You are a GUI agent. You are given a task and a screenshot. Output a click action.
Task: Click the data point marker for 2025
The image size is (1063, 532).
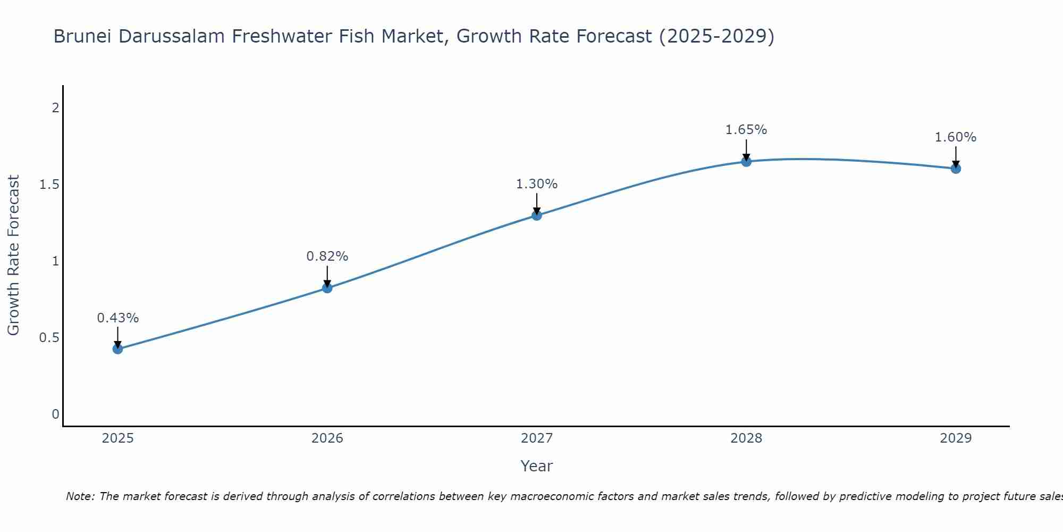tap(117, 349)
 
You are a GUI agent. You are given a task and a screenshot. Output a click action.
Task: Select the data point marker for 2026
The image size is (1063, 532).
tap(327, 288)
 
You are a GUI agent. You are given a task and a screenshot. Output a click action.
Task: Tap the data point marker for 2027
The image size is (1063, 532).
tap(537, 215)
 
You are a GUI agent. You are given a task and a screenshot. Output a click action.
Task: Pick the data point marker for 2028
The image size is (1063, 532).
tap(746, 161)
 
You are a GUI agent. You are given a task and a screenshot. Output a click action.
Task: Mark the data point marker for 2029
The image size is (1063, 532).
tap(956, 169)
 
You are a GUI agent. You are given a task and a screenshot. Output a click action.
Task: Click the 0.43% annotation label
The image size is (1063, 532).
tap(117, 318)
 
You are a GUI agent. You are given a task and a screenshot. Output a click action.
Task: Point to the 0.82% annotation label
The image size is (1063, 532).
tap(327, 256)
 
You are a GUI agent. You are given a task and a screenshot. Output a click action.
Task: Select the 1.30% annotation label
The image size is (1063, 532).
tap(537, 184)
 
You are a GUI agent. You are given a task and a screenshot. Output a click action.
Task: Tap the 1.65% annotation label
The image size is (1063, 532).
tap(746, 130)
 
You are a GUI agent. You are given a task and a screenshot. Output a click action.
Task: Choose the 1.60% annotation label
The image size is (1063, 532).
tap(956, 137)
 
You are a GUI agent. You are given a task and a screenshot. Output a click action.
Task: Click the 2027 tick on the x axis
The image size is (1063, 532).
tap(537, 438)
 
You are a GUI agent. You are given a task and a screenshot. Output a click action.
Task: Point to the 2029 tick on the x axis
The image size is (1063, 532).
tap(956, 438)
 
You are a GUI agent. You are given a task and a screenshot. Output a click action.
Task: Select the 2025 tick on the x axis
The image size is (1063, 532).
tap(117, 438)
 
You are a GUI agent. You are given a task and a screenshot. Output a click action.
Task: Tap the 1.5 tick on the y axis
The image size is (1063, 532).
tap(49, 185)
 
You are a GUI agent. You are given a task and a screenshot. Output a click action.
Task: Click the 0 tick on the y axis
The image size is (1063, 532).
tap(55, 414)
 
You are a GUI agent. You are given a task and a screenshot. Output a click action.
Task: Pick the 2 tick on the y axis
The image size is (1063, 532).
tap(55, 108)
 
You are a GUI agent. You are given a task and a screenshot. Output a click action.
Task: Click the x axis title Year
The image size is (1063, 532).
tap(537, 466)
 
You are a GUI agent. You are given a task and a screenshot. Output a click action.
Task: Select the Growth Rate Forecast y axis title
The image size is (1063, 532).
tap(13, 255)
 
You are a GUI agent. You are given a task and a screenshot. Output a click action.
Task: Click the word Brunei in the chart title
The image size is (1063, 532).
tap(82, 36)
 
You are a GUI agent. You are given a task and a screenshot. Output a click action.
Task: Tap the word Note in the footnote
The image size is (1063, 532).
tap(80, 496)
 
